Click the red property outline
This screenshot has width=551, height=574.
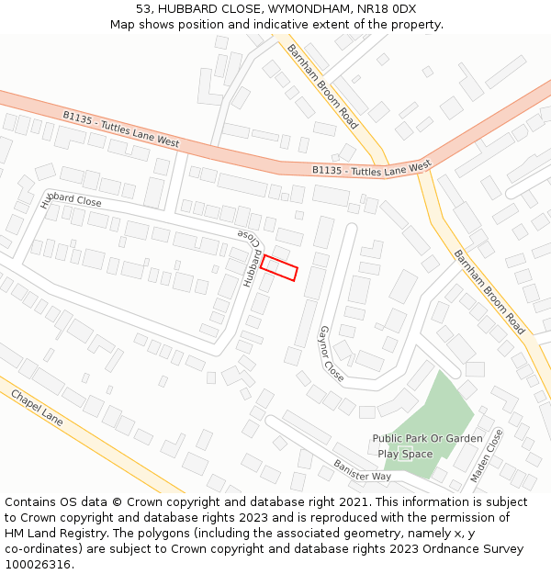tap(279, 268)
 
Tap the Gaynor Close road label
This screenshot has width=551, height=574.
tap(331, 354)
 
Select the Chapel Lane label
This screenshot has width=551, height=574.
tap(37, 406)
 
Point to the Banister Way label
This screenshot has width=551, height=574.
tap(362, 469)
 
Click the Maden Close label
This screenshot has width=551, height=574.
tap(487, 456)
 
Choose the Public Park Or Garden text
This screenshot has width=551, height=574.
tap(427, 439)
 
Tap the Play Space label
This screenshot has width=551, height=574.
tap(405, 454)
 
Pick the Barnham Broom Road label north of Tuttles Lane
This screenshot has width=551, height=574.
tap(321, 85)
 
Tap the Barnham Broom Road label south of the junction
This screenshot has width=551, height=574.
tap(489, 291)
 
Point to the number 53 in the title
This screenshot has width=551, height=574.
tap(143, 9)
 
